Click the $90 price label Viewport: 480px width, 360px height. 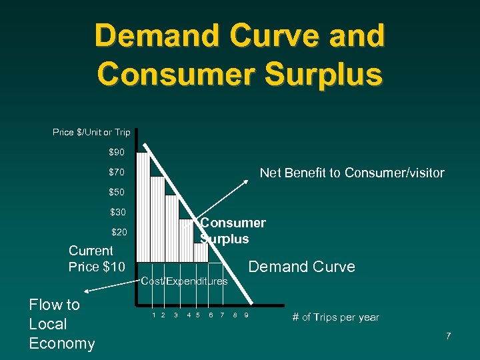click(117, 153)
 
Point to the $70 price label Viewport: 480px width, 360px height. click(117, 173)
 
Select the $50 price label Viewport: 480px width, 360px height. click(117, 193)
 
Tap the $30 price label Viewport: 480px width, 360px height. click(117, 213)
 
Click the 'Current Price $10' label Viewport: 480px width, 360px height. click(96, 259)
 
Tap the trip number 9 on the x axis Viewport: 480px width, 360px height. click(246, 315)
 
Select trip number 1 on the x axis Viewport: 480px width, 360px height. click(154, 315)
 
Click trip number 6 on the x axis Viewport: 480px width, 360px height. click(211, 315)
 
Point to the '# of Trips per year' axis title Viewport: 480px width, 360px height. click(335, 317)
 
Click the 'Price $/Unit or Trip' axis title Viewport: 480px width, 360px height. click(91, 133)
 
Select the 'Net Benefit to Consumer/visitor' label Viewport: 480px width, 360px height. click(351, 173)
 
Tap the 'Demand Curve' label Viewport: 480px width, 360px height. click(301, 267)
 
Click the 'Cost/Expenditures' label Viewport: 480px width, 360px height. click(185, 281)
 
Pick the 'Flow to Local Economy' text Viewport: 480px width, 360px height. click(61, 324)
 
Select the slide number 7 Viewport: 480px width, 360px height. click(449, 335)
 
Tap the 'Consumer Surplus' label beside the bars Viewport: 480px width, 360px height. click(233, 231)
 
